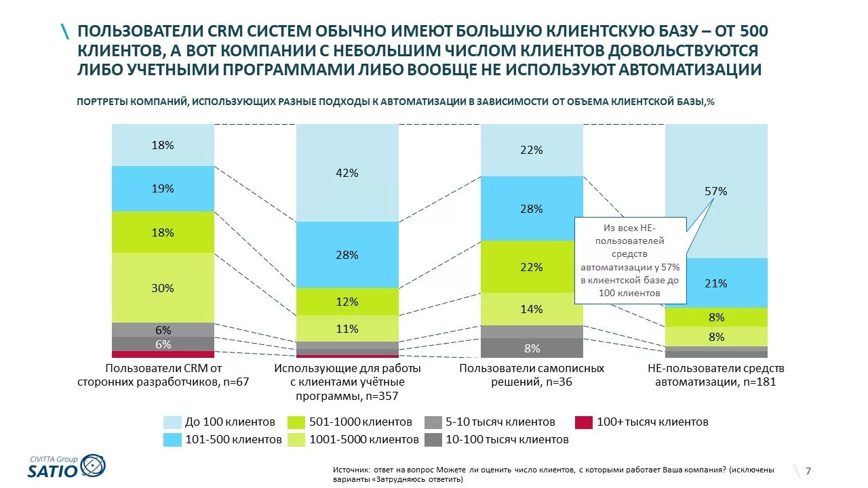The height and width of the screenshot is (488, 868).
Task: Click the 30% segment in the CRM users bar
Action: pyautogui.click(x=163, y=288)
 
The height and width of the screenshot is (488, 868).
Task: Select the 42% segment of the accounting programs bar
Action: pyautogui.click(x=347, y=173)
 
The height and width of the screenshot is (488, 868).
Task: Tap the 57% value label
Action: pyautogui.click(x=716, y=192)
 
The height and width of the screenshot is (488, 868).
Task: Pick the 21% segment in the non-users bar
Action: pyautogui.click(x=716, y=283)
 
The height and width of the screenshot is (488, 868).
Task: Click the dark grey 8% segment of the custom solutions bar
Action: pyautogui.click(x=532, y=348)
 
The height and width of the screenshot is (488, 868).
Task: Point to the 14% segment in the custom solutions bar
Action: pyautogui.click(x=532, y=309)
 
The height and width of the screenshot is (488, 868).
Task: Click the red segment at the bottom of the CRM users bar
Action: pyautogui.click(x=163, y=354)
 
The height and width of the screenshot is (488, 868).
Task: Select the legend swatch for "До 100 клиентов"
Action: pyautogui.click(x=173, y=422)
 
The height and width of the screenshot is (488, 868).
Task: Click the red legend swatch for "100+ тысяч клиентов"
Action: pyautogui.click(x=583, y=422)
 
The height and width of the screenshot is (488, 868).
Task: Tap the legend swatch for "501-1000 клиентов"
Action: pyautogui.click(x=296, y=422)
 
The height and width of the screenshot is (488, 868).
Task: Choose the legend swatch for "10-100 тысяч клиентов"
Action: pyautogui.click(x=433, y=439)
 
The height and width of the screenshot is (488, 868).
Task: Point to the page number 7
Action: pyautogui.click(x=808, y=471)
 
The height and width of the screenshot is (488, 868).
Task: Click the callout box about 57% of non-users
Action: pyautogui.click(x=631, y=260)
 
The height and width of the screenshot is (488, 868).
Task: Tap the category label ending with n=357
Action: pyautogui.click(x=347, y=382)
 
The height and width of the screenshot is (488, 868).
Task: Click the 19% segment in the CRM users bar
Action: pyautogui.click(x=163, y=188)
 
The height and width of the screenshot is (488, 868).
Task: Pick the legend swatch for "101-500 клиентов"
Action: pyautogui.click(x=173, y=439)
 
